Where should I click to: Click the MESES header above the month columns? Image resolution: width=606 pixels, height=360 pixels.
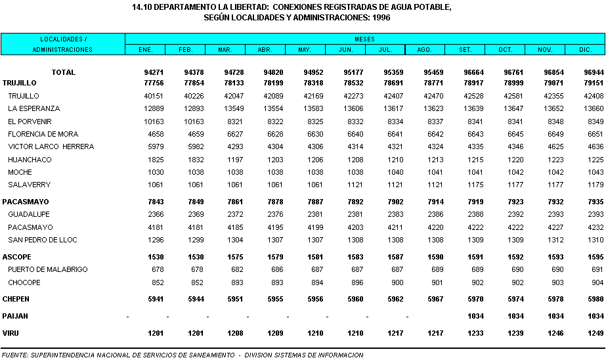click(364, 39)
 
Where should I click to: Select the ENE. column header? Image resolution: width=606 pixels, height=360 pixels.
click(145, 50)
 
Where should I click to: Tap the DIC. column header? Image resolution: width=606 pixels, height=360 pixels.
click(586, 50)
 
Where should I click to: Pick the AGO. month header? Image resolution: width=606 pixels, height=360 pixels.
click(424, 50)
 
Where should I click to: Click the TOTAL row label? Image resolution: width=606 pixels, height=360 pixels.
click(64, 72)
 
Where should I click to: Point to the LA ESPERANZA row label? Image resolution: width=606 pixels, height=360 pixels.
click(33, 108)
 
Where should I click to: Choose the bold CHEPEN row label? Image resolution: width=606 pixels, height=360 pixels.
click(17, 299)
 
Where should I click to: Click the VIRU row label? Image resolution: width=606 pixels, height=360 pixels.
click(11, 333)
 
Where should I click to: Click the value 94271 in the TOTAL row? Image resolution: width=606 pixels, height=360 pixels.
click(154, 72)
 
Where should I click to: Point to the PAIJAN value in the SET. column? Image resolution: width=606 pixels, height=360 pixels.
click(475, 316)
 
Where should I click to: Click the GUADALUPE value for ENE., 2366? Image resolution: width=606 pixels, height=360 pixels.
click(156, 214)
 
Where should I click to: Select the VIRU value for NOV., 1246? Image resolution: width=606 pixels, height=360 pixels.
click(555, 333)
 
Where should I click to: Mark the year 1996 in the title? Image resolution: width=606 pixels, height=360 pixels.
click(379, 18)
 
